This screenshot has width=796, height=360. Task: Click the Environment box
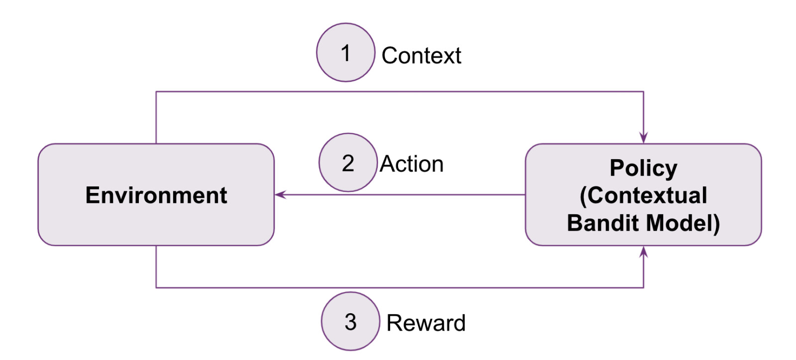click(156, 194)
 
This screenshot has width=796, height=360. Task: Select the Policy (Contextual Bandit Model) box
click(643, 194)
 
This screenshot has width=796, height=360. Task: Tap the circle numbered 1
click(345, 52)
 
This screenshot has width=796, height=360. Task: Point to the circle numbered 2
click(348, 163)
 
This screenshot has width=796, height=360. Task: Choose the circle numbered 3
click(350, 321)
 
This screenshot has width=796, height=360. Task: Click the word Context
click(421, 55)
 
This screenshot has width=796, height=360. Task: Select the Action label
click(411, 164)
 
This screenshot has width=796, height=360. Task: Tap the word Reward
click(426, 323)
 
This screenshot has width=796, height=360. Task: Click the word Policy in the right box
click(643, 168)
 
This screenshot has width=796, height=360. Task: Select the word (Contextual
click(643, 195)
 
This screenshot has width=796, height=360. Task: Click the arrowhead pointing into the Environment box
click(280, 194)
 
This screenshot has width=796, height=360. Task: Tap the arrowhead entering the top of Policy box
click(643, 138)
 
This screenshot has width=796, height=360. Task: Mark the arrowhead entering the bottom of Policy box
click(643, 252)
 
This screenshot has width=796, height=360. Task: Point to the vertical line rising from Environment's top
click(156, 117)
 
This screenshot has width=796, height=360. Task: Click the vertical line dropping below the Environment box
click(156, 267)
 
